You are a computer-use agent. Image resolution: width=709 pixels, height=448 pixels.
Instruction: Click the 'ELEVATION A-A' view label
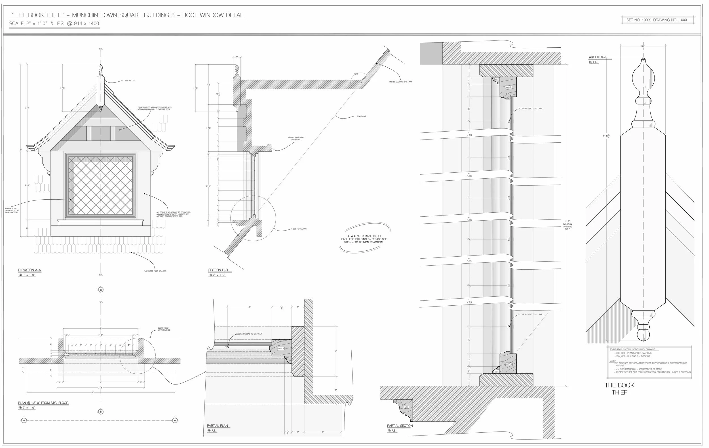tap(29, 270)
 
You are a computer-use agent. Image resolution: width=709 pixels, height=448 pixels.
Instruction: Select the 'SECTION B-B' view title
tap(218, 270)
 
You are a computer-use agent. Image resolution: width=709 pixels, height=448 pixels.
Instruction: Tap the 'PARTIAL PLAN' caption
tap(217, 426)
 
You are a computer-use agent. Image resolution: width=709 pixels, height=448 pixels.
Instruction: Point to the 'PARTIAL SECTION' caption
tap(400, 426)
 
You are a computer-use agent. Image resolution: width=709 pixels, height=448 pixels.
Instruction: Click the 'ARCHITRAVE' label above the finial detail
tap(598, 57)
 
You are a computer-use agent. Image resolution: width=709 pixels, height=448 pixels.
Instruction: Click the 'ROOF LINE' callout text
tap(361, 117)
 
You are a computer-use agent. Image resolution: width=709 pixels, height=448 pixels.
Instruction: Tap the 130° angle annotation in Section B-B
tap(356, 74)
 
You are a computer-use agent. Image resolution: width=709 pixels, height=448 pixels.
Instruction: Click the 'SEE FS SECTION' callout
tap(300, 229)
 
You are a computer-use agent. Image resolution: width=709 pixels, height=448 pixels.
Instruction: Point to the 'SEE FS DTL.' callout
tap(130, 81)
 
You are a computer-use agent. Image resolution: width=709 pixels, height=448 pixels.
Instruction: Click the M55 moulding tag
tap(406, 407)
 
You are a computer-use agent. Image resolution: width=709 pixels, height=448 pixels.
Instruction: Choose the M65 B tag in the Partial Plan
tap(281, 348)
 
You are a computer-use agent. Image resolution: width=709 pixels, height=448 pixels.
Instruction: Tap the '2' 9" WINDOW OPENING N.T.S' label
tap(567, 225)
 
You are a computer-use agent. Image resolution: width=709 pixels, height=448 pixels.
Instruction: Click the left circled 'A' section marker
tap(24, 420)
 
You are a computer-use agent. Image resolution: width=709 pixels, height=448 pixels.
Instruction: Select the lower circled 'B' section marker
tap(101, 412)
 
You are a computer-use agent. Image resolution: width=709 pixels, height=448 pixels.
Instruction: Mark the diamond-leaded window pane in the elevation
tap(101, 185)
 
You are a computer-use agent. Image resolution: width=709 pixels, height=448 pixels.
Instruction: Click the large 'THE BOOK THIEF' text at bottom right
tap(619, 388)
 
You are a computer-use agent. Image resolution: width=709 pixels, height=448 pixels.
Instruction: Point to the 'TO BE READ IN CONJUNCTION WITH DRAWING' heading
tap(632, 349)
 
